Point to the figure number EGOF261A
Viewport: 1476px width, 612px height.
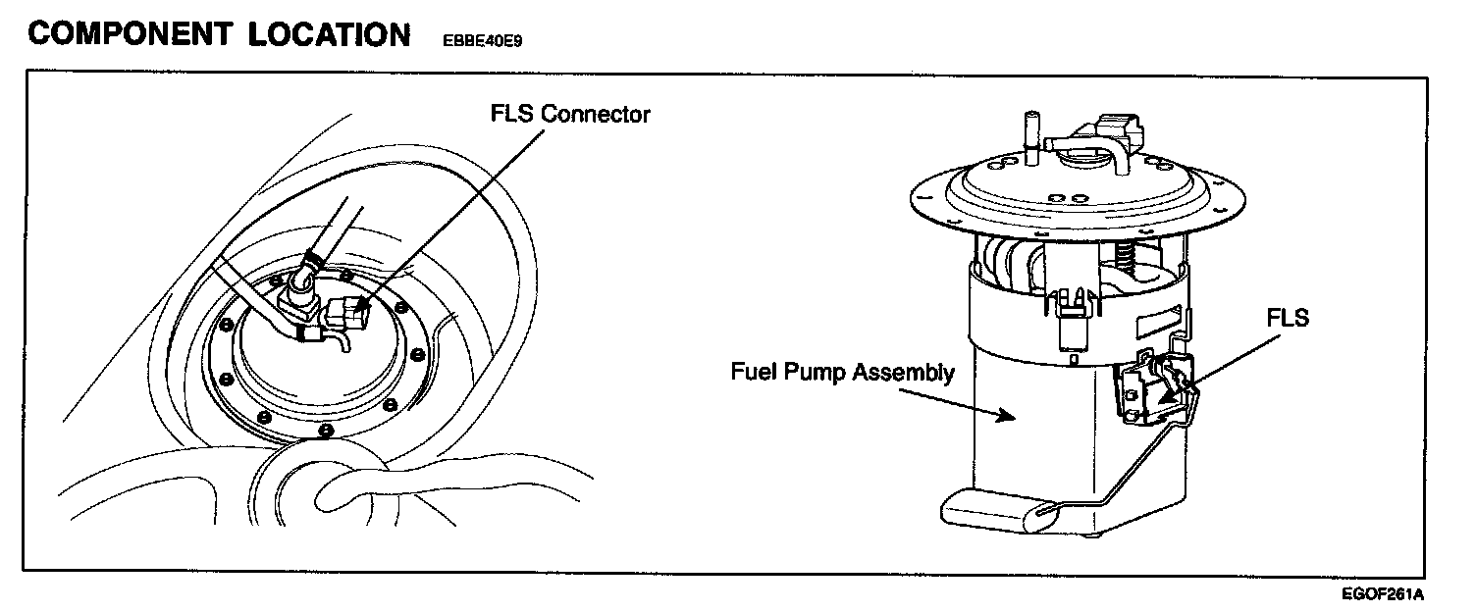pyautogui.click(x=1383, y=594)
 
